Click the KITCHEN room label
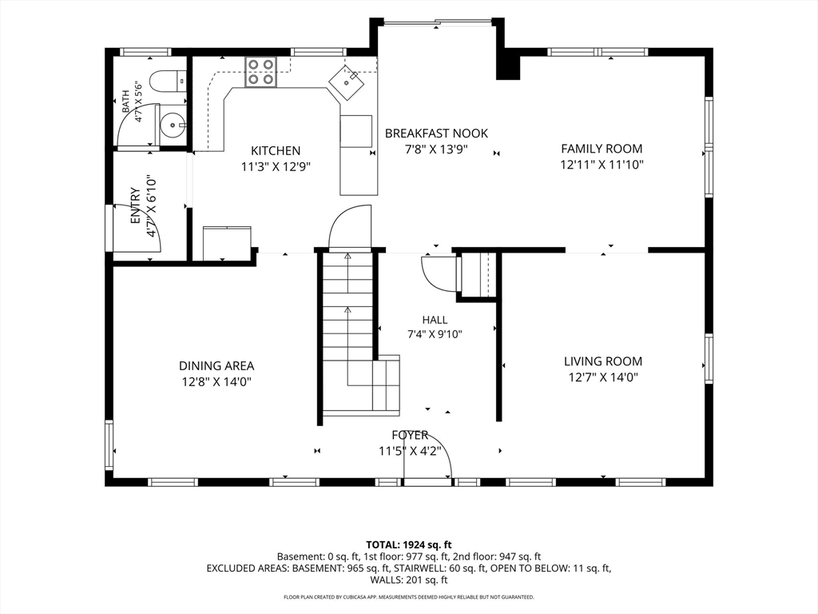coord(276,151)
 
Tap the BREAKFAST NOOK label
coord(436,134)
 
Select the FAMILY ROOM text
coord(602,148)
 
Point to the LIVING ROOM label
coord(602,361)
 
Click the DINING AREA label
coord(216,366)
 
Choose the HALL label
coord(435,320)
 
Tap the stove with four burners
coord(261,71)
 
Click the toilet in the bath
coord(168,81)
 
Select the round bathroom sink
coord(172,126)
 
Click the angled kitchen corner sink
coord(346,81)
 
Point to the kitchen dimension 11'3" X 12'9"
coord(276,167)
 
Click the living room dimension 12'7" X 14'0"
coord(603,377)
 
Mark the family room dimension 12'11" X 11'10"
coord(602,165)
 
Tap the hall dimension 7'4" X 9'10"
coord(435,334)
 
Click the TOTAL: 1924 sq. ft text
coord(408,545)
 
